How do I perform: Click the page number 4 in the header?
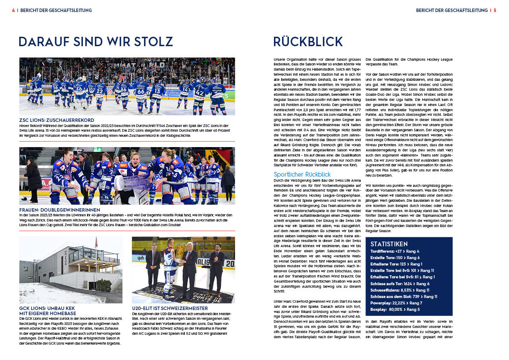[x=13, y=10]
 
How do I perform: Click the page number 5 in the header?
[x=494, y=10]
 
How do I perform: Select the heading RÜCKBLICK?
[x=308, y=42]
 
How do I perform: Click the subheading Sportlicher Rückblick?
[x=302, y=174]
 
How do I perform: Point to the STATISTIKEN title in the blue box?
[x=392, y=244]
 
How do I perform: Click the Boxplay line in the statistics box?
[x=395, y=309]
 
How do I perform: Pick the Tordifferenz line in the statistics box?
[x=395, y=251]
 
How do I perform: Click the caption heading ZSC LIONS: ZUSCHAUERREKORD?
[x=57, y=120]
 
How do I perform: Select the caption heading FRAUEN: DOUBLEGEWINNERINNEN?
[x=60, y=210]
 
